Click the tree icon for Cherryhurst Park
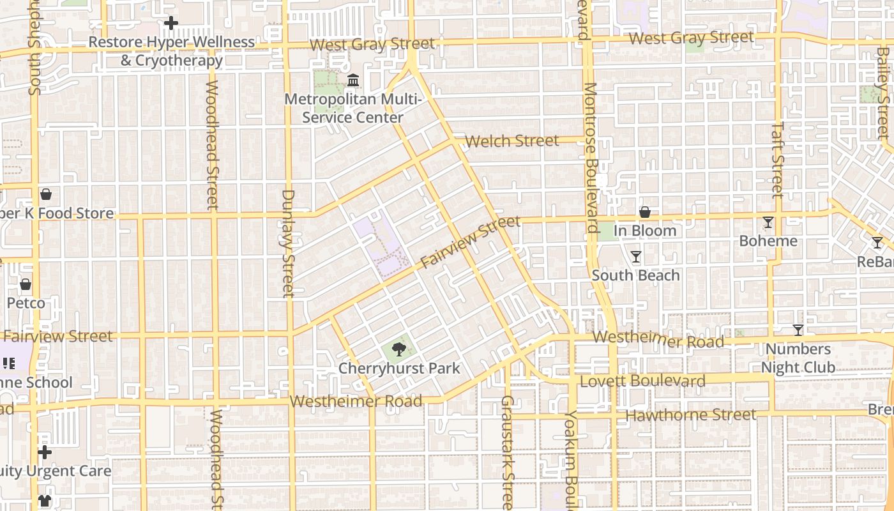399,349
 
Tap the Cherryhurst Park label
399,369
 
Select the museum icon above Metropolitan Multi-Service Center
352,80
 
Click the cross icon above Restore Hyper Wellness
170,23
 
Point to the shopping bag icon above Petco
26,284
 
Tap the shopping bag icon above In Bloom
645,212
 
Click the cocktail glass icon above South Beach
635,257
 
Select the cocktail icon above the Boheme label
768,222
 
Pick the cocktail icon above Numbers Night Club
798,330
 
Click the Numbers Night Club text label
798,358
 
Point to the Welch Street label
511,141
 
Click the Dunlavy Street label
288,243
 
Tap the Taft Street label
777,160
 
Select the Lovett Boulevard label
642,381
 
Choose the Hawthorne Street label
690,415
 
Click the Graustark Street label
507,452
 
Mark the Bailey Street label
883,93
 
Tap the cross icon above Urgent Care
44,452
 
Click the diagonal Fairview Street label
470,243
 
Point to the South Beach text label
635,275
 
